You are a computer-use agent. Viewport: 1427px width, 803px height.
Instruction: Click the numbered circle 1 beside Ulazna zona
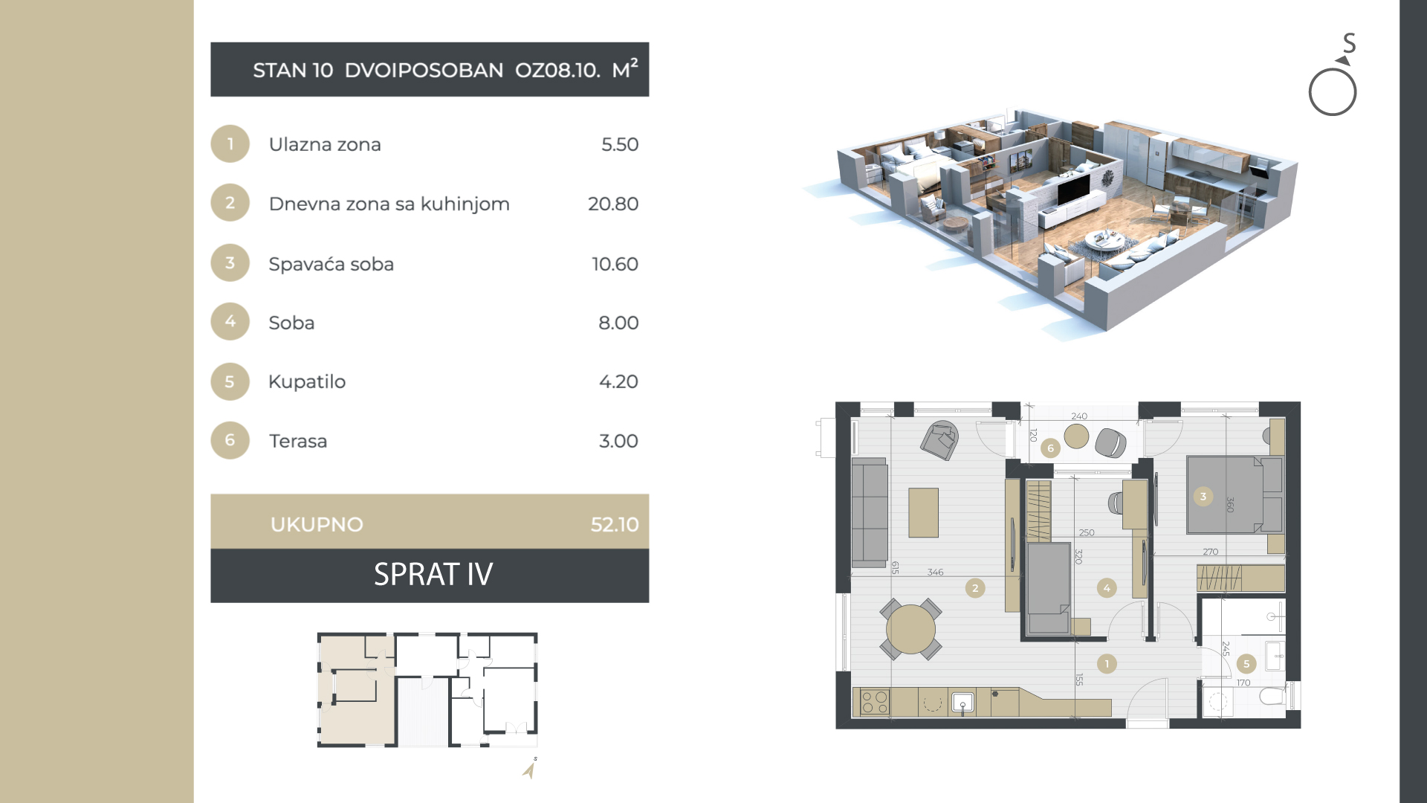[x=230, y=143]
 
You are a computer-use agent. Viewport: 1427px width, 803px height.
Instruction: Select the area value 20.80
[x=612, y=204]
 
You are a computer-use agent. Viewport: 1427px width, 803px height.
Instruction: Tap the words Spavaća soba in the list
[x=331, y=264]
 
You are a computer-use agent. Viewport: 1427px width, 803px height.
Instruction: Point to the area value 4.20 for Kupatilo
[x=618, y=381]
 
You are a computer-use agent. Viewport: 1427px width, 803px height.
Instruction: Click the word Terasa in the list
[x=297, y=441]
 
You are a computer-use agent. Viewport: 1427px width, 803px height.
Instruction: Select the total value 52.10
[x=614, y=524]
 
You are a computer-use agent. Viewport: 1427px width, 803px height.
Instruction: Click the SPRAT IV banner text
[x=433, y=574]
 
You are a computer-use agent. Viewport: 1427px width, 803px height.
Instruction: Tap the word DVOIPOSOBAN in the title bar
[x=424, y=70]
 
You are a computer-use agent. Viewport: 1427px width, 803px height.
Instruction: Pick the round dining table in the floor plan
[x=910, y=629]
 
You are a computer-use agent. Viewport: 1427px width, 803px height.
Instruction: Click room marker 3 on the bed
[x=1203, y=497]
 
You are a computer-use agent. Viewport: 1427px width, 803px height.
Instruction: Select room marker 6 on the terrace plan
[x=1050, y=448]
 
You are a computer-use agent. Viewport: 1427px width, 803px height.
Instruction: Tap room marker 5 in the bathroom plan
[x=1246, y=664]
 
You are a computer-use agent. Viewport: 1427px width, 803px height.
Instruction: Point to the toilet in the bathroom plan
[x=1274, y=696]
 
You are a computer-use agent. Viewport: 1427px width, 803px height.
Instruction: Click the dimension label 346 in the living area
[x=935, y=572]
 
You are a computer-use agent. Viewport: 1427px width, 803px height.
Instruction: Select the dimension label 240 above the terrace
[x=1079, y=416]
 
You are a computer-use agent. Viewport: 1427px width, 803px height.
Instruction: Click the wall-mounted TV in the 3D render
[x=1074, y=189]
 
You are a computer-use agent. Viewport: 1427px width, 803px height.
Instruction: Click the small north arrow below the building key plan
[x=529, y=770]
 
